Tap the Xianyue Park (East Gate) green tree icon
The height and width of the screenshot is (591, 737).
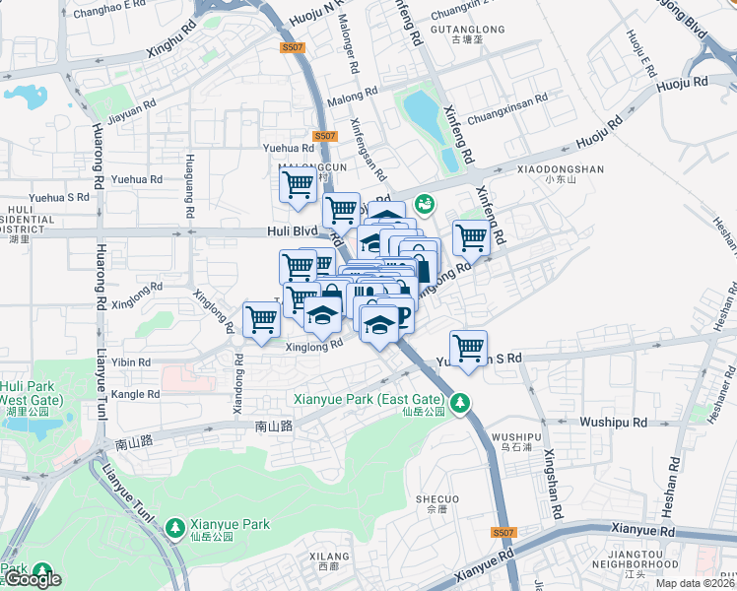tap(458, 402)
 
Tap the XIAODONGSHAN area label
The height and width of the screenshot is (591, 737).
tap(560, 169)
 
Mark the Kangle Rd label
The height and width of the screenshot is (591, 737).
tap(137, 394)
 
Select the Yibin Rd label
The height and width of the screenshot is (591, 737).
tap(132, 362)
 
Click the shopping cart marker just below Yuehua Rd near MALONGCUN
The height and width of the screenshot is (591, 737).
tap(298, 185)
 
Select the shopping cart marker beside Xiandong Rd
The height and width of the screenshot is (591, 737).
tap(261, 319)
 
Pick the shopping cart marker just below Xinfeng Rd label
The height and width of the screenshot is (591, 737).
tap(471, 237)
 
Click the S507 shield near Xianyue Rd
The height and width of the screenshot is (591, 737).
tap(502, 533)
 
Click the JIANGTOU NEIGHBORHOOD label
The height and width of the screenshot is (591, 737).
tap(640, 562)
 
